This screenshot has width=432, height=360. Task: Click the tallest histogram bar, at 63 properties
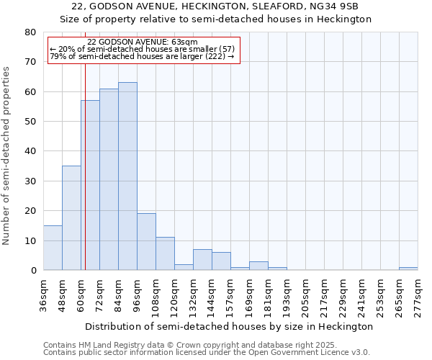click(127, 176)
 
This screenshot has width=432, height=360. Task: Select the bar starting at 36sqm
click(53, 248)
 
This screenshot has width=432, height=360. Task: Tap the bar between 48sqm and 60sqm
click(71, 218)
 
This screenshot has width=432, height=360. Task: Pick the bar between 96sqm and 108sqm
click(146, 242)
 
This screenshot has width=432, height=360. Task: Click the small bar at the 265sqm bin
click(408, 269)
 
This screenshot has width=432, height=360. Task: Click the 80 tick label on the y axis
click(30, 32)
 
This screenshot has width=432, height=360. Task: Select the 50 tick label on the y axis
click(30, 122)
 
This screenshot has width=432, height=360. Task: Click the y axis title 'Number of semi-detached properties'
click(7, 156)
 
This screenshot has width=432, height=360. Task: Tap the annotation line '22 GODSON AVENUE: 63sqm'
click(142, 42)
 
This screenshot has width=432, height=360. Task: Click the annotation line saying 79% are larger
click(142, 56)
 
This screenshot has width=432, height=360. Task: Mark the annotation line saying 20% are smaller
click(142, 49)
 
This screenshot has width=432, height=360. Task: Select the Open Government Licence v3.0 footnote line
click(207, 352)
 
